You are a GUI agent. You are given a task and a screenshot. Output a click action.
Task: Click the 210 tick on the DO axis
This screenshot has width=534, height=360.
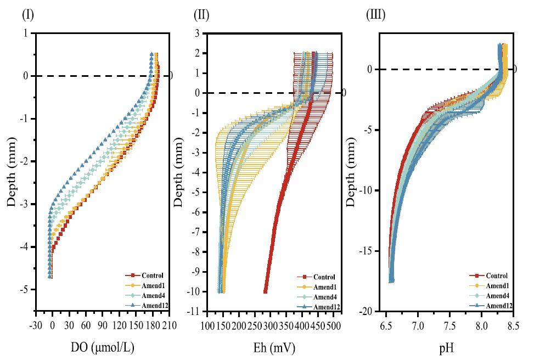[x=166, y=325]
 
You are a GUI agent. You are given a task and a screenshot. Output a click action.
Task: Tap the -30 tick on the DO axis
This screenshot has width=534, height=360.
[x=36, y=325]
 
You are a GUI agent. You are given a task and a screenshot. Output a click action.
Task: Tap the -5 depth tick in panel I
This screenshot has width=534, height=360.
[x=25, y=289]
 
